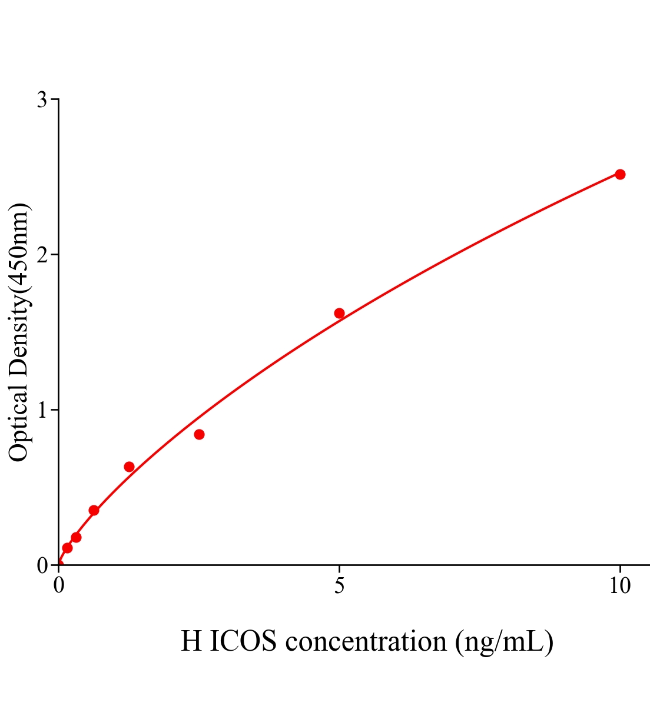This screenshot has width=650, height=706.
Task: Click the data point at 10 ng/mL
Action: pos(619,174)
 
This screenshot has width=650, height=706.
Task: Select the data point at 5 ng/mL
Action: pos(339,313)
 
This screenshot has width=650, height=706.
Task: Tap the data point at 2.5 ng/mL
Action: pos(199,434)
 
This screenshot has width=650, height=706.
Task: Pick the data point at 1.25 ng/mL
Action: pos(129,467)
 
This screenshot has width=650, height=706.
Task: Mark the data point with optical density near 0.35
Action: pos(94,510)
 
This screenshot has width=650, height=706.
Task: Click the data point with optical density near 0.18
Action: pos(76,537)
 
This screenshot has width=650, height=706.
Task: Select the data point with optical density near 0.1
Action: pos(67,548)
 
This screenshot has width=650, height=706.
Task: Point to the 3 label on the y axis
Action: pos(42,100)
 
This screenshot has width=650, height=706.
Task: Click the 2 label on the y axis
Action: pos(42,255)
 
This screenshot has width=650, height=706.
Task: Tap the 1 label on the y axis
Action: pos(42,410)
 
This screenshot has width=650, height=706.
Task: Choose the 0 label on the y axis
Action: pos(42,565)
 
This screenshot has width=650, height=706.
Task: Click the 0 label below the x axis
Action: pos(59,586)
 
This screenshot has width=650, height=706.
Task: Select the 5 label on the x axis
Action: pos(339,586)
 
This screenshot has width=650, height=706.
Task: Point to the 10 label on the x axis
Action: pos(619,586)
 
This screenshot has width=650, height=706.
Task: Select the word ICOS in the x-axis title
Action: pos(243,641)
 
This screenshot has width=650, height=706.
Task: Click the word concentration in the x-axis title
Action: pos(366,641)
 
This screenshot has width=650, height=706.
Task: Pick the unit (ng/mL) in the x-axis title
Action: pos(504,641)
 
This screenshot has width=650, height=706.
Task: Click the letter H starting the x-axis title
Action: pos(191,641)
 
